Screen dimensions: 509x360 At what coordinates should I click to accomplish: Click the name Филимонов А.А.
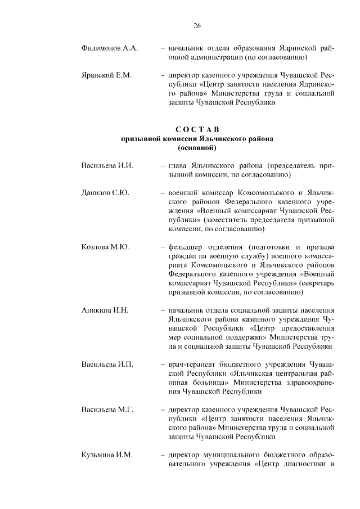pyautogui.click(x=110, y=48)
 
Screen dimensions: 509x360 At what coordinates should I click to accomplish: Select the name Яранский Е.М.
pyautogui.click(x=107, y=74)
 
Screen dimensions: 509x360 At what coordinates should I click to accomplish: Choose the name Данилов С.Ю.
pyautogui.click(x=105, y=193)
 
